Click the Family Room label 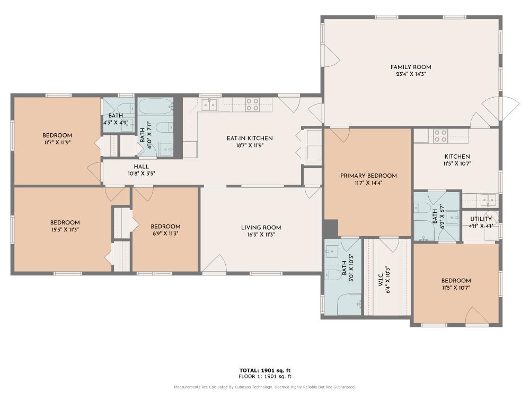tap(411, 67)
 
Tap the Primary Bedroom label tap(368, 176)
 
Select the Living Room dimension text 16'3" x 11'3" tap(261, 234)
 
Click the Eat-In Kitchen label tap(250, 138)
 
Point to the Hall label tap(142, 167)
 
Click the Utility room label tap(481, 219)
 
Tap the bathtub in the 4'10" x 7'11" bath tap(156, 106)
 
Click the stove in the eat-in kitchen tap(252, 105)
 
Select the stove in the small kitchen tap(440, 136)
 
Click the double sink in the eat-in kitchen tap(209, 105)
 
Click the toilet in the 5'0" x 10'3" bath tap(333, 275)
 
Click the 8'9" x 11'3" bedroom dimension tap(165, 233)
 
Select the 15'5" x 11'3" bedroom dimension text tap(65, 229)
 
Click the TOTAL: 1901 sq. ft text tap(265, 370)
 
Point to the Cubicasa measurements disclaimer tap(265, 387)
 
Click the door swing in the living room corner tap(214, 263)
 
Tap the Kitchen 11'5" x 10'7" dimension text tap(457, 163)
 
